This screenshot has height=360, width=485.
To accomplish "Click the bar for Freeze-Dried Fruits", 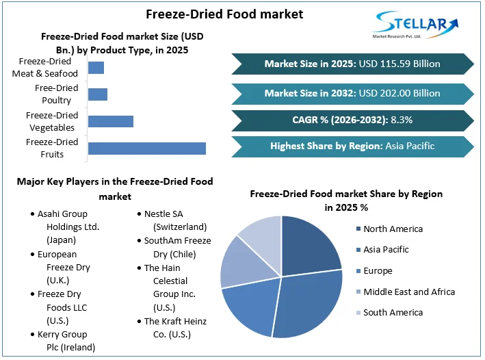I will click(x=146, y=149).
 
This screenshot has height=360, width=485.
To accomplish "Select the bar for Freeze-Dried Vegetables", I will click(x=110, y=121).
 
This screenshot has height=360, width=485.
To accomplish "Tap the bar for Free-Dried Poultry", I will click(x=97, y=94).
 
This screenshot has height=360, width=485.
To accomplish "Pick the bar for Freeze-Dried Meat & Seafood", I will click(x=96, y=67).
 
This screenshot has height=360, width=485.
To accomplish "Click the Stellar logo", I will click(x=415, y=26).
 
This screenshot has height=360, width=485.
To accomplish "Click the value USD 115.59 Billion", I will click(x=399, y=64).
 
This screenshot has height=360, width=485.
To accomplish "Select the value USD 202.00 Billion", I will click(x=399, y=93).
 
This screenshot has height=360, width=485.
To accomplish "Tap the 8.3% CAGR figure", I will click(x=401, y=120).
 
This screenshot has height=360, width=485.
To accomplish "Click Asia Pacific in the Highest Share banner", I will click(x=410, y=146).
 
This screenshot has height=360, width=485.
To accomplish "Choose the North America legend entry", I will click(x=392, y=229).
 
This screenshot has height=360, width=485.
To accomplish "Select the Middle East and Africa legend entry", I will click(x=408, y=292).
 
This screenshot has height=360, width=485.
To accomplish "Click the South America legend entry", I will click(x=392, y=312).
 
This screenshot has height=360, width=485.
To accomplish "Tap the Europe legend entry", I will click(x=376, y=270).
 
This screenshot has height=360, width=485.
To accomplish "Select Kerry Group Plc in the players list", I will click(x=62, y=341).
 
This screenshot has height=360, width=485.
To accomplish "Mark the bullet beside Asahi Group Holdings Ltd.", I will click(x=31, y=214).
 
